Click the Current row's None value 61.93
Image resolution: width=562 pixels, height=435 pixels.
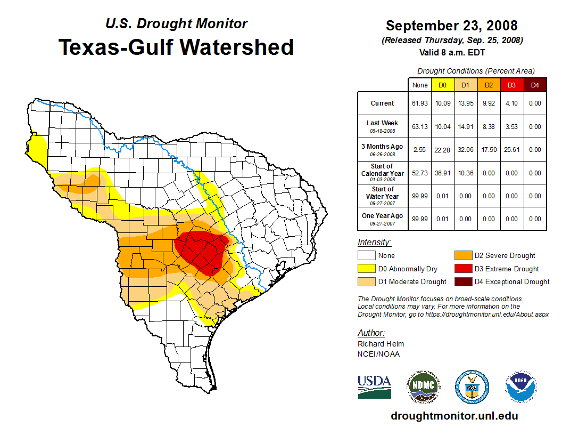click(420, 103)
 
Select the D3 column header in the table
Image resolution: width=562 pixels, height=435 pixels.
click(511, 85)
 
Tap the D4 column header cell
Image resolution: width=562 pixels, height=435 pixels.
click(535, 85)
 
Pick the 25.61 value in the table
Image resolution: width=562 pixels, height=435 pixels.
click(511, 150)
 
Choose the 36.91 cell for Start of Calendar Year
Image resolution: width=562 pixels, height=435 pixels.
click(443, 173)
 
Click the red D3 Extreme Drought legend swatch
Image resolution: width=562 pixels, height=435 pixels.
click(462, 269)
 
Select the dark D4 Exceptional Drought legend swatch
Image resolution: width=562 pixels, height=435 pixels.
click(462, 282)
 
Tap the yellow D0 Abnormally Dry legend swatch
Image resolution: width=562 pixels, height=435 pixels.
click(367, 269)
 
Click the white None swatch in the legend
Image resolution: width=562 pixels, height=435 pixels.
click(367, 256)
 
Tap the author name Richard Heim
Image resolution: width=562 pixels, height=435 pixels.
click(381, 344)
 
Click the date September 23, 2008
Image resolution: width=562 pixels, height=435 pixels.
click(451, 26)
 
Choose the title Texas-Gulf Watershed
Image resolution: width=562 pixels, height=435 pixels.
click(176, 47)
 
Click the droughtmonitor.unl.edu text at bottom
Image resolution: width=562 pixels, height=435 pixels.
click(454, 416)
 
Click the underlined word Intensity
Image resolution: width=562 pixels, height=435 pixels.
click(374, 243)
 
